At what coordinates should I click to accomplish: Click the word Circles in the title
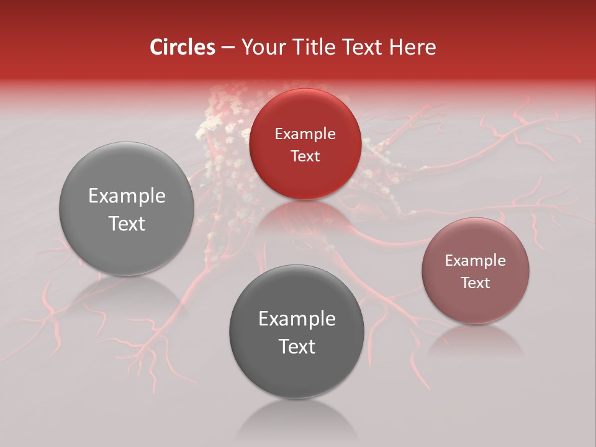point(183,47)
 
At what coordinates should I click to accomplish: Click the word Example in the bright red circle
point(305,133)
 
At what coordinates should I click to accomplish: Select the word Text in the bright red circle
point(305,156)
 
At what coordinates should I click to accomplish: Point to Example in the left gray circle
point(127,196)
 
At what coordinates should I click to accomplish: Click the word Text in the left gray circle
point(127,223)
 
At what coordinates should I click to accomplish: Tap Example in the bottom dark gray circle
point(297,319)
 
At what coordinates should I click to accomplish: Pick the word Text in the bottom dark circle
point(297,346)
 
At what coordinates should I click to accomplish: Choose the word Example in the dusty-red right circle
point(476,260)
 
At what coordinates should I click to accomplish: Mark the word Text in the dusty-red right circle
point(476,282)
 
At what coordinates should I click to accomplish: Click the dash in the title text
point(227,48)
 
